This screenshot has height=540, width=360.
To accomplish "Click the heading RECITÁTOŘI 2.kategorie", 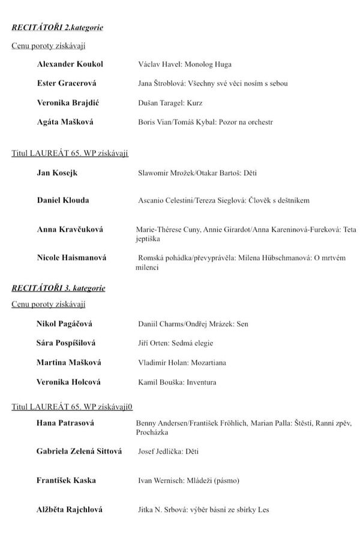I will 58,28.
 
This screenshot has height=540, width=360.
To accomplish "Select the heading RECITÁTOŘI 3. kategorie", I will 58,289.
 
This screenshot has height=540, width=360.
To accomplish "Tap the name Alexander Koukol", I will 70,64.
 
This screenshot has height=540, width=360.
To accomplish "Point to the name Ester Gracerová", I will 67,83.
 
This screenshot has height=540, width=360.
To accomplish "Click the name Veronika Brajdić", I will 68,103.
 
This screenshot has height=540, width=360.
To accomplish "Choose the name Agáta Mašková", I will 65,122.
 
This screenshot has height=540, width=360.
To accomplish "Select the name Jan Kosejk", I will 57,173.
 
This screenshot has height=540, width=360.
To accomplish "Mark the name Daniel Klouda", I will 62,200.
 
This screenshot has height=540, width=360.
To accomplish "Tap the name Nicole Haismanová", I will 71,258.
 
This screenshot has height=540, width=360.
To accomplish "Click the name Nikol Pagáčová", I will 64,324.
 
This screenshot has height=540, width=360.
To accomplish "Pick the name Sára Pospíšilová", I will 66,343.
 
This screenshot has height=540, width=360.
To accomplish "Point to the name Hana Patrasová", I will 65,423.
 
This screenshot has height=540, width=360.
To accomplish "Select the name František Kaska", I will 66,481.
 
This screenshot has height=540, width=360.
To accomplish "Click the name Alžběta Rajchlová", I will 69,510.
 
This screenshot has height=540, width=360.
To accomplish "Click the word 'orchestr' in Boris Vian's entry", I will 258,122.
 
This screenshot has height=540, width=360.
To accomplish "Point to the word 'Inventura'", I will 201,382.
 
